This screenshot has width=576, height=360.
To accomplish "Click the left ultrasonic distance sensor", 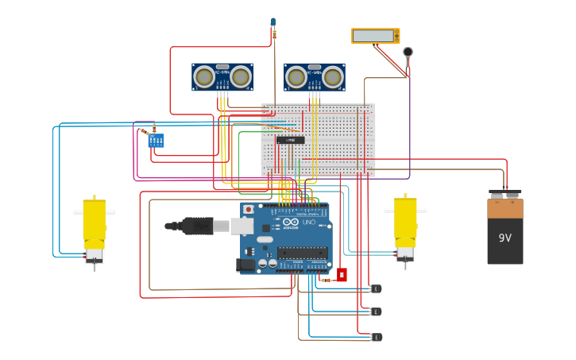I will click(x=222, y=77).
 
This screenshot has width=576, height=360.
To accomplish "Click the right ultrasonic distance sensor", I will click(x=315, y=77).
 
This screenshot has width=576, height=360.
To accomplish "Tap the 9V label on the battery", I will click(x=505, y=238).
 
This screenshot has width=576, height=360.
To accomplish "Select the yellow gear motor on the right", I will click(x=405, y=226).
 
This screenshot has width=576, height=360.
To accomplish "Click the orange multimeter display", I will click(x=375, y=36).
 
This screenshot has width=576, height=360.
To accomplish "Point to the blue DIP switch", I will click(x=156, y=141).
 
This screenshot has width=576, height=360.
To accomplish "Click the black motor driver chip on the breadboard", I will click(x=290, y=140).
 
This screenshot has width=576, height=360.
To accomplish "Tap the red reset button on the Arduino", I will click(x=249, y=210).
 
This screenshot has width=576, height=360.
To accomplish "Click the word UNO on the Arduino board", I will click(x=308, y=222).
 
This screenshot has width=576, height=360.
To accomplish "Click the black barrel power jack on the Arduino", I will click(x=246, y=265).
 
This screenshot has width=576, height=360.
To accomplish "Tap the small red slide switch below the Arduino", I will click(x=342, y=275).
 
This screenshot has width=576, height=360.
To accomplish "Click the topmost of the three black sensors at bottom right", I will click(x=376, y=288).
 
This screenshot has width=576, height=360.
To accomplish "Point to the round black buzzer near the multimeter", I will click(x=408, y=52).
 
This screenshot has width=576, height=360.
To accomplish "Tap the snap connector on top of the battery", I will click(x=505, y=193).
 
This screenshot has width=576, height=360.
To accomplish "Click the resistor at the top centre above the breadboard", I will click(x=274, y=33).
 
